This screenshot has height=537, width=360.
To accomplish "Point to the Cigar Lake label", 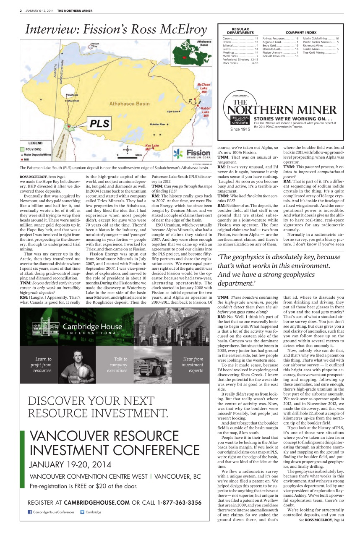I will (172, 112).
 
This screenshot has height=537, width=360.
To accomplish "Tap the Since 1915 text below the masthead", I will (240, 129).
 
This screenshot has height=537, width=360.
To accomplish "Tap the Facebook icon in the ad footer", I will (30, 512).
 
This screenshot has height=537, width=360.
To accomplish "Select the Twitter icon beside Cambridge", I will (82, 512).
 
